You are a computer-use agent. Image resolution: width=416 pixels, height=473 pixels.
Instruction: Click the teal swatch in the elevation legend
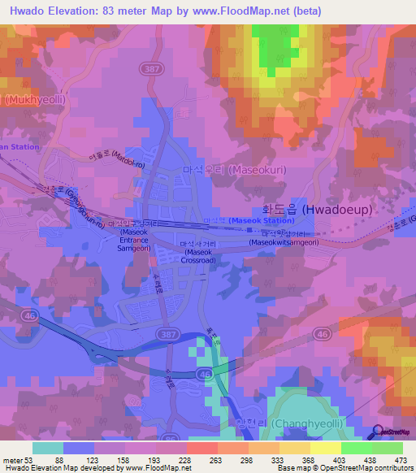coord(48,447)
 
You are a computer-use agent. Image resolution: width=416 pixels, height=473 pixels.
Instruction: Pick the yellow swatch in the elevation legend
coord(325,447)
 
